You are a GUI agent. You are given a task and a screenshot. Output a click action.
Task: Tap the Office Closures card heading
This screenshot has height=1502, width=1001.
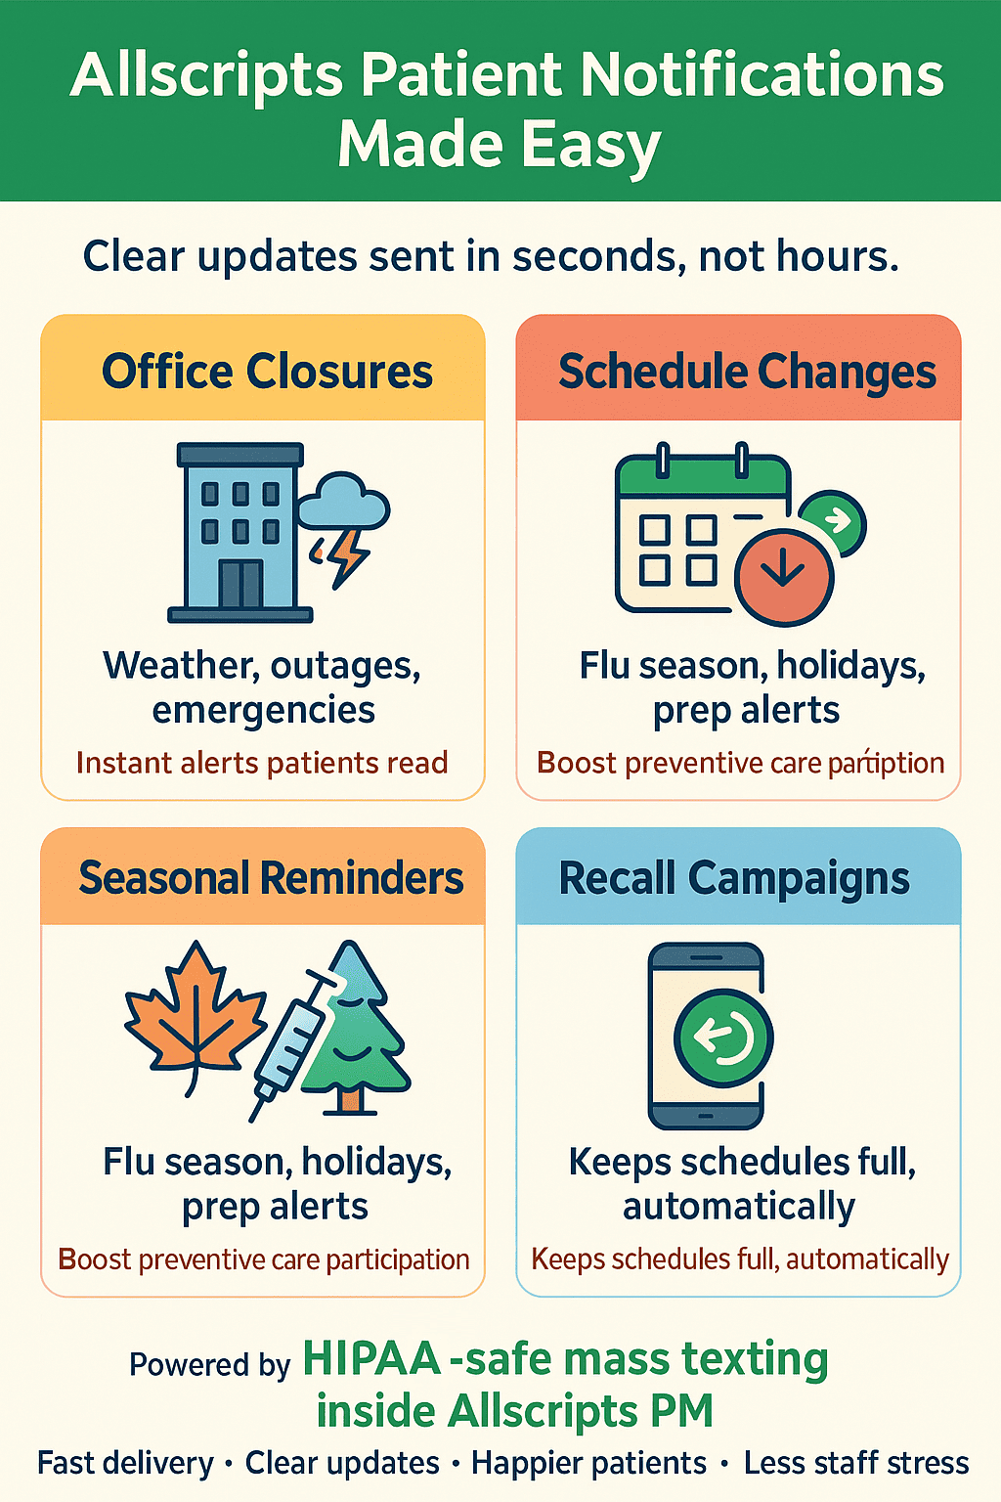[x=267, y=372]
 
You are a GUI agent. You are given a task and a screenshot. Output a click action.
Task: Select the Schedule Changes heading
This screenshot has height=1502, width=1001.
[x=747, y=373]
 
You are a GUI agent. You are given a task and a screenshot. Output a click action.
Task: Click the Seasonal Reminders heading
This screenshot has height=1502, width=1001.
[x=271, y=878]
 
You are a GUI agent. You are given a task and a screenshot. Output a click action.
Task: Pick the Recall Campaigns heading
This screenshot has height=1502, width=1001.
[x=734, y=879]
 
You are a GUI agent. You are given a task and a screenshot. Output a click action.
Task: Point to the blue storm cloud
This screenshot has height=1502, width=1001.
[x=343, y=502]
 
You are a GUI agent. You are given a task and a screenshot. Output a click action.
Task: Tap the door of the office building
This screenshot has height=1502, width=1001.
[x=240, y=584]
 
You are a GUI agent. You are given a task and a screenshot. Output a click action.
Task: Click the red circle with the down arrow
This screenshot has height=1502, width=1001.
[x=783, y=577]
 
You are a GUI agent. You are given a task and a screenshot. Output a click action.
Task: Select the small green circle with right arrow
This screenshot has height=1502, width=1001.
[x=834, y=521]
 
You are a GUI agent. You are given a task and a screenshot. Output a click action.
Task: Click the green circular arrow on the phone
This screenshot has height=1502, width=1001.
[x=723, y=1038]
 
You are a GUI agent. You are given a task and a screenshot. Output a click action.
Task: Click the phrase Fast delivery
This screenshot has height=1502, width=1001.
[x=125, y=1463]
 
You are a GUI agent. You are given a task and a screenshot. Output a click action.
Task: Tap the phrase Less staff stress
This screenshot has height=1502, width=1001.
[x=856, y=1463]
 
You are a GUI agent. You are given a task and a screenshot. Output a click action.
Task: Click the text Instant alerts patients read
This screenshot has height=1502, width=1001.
[x=262, y=763]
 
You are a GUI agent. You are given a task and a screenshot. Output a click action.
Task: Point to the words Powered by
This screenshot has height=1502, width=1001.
[x=210, y=1365]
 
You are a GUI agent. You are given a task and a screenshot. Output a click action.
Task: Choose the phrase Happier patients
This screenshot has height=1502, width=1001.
[x=588, y=1464]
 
